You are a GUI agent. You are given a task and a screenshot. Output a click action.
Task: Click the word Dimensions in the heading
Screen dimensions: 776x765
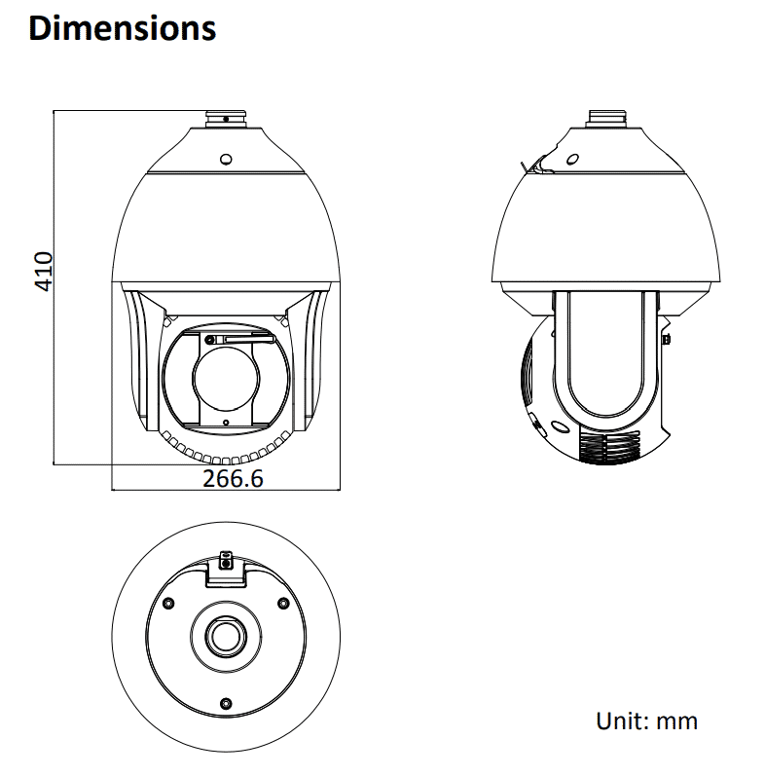pos(122,27)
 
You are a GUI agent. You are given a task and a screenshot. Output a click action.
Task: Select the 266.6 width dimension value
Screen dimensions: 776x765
pos(233,479)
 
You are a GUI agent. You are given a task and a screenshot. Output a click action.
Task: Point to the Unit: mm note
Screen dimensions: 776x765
pos(646,721)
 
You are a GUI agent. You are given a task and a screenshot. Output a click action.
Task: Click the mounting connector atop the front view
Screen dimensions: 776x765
pos(225,120)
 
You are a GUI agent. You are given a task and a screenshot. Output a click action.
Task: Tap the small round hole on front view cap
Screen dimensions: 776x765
pos(225,158)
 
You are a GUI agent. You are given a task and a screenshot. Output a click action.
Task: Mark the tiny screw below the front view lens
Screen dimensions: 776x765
pos(226,423)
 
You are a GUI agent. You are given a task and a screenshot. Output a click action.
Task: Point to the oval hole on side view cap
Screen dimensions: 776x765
pos(573,159)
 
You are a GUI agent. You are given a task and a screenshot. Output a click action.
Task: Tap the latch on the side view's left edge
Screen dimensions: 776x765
pos(536,166)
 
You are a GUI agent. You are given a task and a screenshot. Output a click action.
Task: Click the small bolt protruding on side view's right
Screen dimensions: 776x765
pos(667,339)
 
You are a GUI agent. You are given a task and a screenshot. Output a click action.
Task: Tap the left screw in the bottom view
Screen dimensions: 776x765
pos(167,600)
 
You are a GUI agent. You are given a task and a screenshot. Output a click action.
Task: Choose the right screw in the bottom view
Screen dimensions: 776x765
pos(283,600)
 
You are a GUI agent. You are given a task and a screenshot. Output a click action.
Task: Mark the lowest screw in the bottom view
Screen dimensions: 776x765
pos(226,703)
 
